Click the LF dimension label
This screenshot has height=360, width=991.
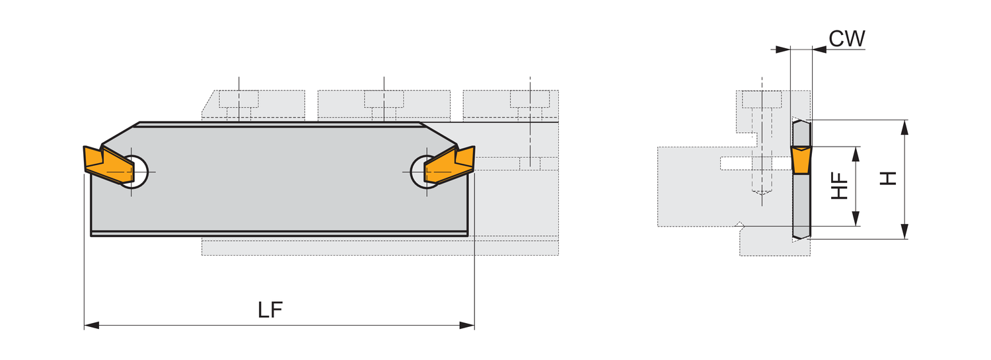click(270, 310)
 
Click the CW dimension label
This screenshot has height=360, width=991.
click(847, 38)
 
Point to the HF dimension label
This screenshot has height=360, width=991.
click(839, 186)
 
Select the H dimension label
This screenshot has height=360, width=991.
click(887, 178)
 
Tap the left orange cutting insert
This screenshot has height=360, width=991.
click(108, 164)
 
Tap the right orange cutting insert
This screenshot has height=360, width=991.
click(450, 164)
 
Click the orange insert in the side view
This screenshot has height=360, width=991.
click(801, 160)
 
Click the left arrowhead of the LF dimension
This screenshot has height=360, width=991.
click(92, 326)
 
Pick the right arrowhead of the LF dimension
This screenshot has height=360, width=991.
click(467, 326)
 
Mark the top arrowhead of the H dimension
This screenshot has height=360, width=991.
click(904, 127)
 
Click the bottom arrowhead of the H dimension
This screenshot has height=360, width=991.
click(904, 232)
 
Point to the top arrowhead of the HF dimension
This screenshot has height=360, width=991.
click(856, 154)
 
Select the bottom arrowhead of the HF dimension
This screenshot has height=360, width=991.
click(856, 219)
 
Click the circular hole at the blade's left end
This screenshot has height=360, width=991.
click(132, 171)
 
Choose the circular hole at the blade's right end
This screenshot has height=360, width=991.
click(427, 171)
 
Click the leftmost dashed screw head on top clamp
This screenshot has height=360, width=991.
click(239, 99)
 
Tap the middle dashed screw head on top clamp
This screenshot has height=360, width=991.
click(384, 99)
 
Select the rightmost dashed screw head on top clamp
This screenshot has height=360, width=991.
click(530, 99)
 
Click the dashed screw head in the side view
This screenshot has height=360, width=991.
click(762, 100)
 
